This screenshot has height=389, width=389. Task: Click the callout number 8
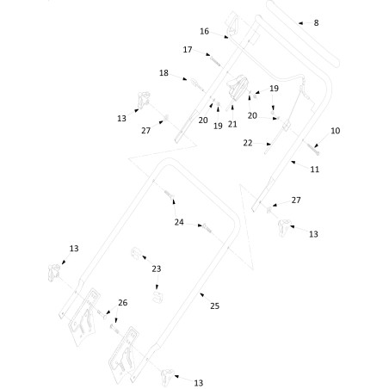click(x=316, y=23)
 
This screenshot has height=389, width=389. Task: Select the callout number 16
click(x=204, y=31)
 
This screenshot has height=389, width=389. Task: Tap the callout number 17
click(x=188, y=50)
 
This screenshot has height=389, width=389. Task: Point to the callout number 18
click(x=164, y=73)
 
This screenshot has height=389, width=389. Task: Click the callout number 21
click(x=232, y=124)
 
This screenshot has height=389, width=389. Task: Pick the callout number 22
click(x=248, y=143)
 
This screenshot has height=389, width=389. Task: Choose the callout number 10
click(x=335, y=131)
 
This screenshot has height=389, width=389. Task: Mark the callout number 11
click(x=315, y=170)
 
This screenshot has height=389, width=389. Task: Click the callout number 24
click(x=179, y=222)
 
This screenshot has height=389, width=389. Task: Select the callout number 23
click(x=157, y=269)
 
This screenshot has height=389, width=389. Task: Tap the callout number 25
click(x=214, y=306)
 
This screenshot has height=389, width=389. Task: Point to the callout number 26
click(x=123, y=303)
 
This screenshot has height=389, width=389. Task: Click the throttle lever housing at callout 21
click(x=238, y=88)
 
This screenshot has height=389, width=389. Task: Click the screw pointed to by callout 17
click(x=215, y=61)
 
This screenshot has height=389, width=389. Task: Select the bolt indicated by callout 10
click(x=313, y=149)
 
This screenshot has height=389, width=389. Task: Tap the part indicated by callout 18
click(x=196, y=84)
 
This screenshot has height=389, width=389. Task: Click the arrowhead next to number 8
click(x=300, y=23)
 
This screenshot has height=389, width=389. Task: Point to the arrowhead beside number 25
click(x=202, y=294)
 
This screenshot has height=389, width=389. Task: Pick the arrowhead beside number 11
click(x=293, y=163)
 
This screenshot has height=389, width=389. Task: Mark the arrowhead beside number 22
click(x=269, y=144)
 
